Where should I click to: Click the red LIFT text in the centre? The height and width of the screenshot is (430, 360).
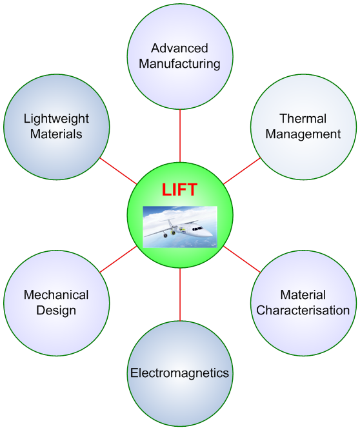[179, 189]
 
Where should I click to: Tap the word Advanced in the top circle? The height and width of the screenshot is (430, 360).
[179, 48]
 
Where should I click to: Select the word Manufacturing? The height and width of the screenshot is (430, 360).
[179, 64]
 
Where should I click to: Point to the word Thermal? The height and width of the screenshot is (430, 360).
[303, 119]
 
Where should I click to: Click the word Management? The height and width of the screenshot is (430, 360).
[303, 134]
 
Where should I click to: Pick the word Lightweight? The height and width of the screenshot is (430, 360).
[56, 119]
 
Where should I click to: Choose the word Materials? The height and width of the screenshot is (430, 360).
[56, 134]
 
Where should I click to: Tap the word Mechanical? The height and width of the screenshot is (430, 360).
[56, 295]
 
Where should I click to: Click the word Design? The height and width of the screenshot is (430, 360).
[56, 311]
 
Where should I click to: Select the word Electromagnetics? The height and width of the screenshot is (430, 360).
[179, 373]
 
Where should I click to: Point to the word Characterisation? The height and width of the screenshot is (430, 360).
[303, 311]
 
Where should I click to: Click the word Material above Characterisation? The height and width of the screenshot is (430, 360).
[303, 295]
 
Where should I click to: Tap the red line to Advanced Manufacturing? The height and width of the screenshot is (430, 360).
[180, 136]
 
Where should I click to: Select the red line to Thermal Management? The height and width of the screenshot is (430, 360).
[242, 171]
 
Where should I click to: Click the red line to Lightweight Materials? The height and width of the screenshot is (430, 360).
[118, 171]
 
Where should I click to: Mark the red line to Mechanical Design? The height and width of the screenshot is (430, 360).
[118, 260]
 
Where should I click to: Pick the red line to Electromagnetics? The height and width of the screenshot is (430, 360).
[180, 294]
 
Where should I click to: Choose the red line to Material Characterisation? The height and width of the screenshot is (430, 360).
[242, 260]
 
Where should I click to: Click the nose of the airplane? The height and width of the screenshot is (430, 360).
[211, 235]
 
